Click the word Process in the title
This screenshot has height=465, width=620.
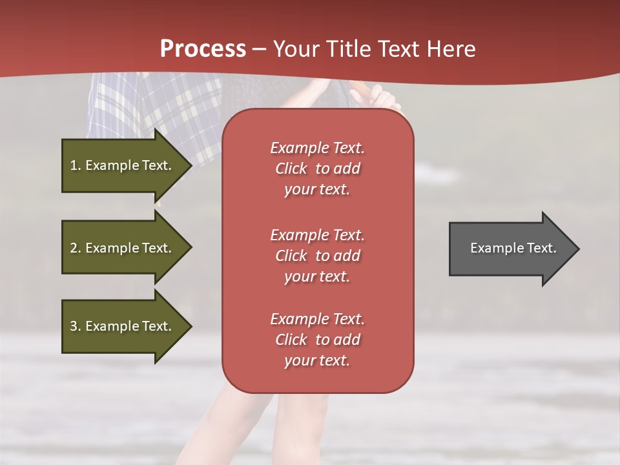click(x=203, y=49)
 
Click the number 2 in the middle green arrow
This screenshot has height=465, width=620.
click(x=74, y=248)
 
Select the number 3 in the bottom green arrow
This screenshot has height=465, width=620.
click(x=74, y=326)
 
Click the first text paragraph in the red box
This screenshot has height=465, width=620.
click(x=317, y=169)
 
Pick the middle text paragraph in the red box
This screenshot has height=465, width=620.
click(x=317, y=255)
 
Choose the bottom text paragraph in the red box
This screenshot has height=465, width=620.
click(x=317, y=340)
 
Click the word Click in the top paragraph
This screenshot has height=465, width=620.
click(x=291, y=169)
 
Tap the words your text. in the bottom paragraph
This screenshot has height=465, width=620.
click(x=317, y=360)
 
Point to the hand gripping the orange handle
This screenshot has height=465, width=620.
click(x=381, y=98)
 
